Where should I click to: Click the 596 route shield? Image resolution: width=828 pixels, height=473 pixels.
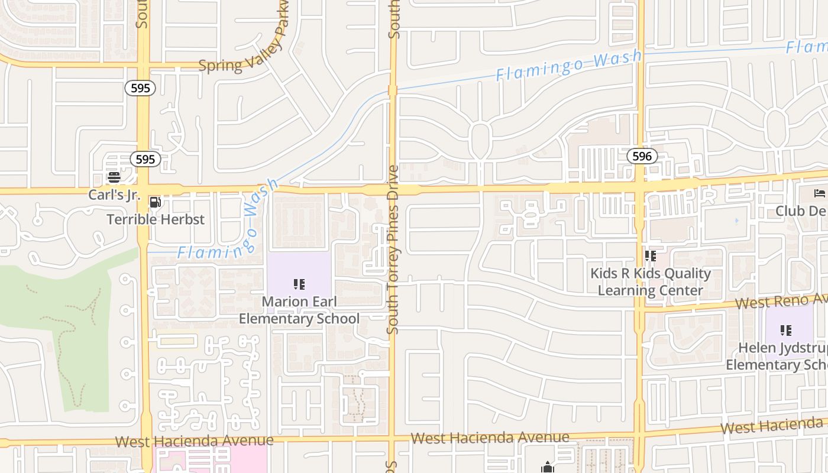tap(642, 156)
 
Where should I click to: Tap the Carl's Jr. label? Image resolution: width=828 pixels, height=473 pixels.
tap(114, 195)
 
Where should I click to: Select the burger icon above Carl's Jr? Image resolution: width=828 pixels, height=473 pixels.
tap(114, 177)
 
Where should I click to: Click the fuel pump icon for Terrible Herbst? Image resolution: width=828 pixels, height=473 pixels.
tap(155, 202)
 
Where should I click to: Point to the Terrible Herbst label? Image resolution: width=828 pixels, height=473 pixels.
tap(156, 219)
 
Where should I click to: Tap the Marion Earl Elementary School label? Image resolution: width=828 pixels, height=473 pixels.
tap(299, 310)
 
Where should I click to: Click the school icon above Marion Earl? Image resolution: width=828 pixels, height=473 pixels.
tap(299, 284)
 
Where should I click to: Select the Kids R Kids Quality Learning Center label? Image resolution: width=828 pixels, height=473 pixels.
tap(651, 282)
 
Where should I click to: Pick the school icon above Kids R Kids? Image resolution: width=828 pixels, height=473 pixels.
tap(651, 256)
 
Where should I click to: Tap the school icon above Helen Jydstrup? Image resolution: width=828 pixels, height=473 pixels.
tap(786, 330)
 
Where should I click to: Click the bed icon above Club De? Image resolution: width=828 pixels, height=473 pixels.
tap(819, 193)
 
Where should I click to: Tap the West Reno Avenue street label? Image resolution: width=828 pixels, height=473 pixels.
tap(781, 301)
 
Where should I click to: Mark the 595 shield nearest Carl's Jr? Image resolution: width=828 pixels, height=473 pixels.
tap(145, 159)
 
